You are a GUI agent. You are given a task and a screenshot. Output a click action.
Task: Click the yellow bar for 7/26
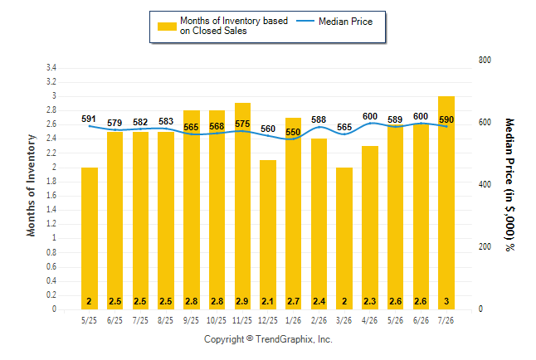tap(446, 202)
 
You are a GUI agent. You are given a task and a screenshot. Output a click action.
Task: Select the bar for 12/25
tap(268, 235)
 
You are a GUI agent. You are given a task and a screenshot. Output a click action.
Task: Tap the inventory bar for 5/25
tap(90, 238)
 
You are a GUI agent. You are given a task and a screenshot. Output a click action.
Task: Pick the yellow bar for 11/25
tap(242, 207)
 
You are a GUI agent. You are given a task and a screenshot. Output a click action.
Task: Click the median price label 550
tap(293, 132)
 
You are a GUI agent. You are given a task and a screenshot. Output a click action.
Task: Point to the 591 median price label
tap(89, 119)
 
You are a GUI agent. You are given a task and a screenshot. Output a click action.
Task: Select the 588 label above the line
tap(319, 119)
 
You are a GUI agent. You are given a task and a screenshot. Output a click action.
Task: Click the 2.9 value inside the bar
tap(242, 301)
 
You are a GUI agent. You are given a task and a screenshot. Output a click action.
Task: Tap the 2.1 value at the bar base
tap(268, 301)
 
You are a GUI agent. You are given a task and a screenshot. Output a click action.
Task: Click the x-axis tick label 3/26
tap(344, 320)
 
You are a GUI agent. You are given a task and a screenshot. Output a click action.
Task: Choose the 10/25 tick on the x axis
tap(217, 320)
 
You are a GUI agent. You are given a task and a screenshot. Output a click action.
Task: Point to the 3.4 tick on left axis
tap(51, 68)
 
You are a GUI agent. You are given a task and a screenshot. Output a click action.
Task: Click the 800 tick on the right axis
tap(485, 60)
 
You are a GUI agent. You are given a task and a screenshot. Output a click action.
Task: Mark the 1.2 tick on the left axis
tap(51, 224)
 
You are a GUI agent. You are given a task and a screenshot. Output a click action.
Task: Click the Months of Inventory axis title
tap(31, 185)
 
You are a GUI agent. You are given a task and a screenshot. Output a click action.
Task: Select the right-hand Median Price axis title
tap(509, 185)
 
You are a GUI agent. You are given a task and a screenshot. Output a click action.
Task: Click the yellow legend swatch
tap(167, 27)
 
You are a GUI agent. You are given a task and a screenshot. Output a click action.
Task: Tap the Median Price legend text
tap(346, 22)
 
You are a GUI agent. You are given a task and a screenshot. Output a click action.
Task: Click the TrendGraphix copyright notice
tap(268, 339)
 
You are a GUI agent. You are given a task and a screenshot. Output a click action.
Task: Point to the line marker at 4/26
tap(370, 123)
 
